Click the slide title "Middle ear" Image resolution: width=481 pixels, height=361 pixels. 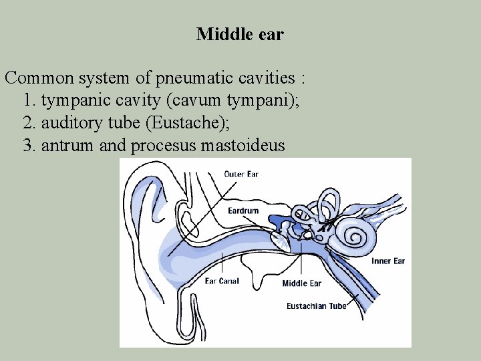(x=240, y=34)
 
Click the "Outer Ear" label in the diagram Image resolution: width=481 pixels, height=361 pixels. (x=241, y=174)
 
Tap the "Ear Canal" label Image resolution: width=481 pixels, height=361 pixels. (x=222, y=281)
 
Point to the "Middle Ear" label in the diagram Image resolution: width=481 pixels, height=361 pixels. (x=301, y=283)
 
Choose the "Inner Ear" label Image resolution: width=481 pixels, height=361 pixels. (x=388, y=261)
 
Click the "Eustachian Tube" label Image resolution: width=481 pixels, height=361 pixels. (x=316, y=306)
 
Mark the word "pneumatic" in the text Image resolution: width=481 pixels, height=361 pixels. (x=183, y=78)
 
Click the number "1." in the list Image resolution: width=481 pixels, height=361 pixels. (x=29, y=101)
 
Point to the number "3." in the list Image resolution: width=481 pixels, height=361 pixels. (x=29, y=146)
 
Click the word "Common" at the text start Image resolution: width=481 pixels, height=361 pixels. (x=37, y=78)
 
